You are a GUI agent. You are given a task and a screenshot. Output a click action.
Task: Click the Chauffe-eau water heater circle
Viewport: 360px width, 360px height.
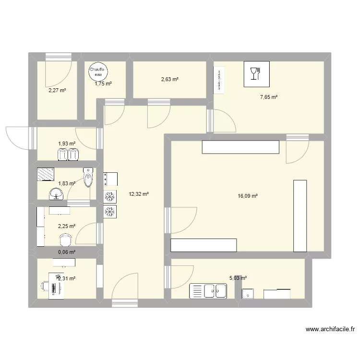pos(98,72)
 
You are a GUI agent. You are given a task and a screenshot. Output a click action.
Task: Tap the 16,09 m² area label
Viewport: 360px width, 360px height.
pos(248,196)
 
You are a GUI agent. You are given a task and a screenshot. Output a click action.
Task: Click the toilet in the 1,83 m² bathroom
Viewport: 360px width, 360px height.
pos(88,178)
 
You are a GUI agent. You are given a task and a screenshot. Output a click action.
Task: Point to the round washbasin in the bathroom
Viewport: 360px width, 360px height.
pos(57,194)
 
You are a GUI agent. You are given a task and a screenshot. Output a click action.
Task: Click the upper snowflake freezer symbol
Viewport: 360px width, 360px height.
pos(110,196)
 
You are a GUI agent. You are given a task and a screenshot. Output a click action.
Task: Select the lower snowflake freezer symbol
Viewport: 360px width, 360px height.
pos(110,211)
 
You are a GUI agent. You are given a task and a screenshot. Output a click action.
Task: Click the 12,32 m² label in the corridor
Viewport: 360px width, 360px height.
pos(139,194)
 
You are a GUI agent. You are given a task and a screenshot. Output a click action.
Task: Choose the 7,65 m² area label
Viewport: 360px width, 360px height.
pos(269,97)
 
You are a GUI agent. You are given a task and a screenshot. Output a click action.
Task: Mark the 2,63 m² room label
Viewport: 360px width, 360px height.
pos(169,80)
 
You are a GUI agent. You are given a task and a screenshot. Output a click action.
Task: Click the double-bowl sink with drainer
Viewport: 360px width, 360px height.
pos(209,291)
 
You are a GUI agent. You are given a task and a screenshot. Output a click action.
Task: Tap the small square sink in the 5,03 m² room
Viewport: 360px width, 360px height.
pos(249,293)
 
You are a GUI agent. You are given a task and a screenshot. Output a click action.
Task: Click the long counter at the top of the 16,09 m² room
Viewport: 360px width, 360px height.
pos(240,147)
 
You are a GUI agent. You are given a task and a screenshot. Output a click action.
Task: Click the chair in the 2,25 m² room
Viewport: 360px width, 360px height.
pos(65,239)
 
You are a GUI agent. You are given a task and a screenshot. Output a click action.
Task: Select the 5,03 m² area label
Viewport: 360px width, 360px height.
pos(238,277)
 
